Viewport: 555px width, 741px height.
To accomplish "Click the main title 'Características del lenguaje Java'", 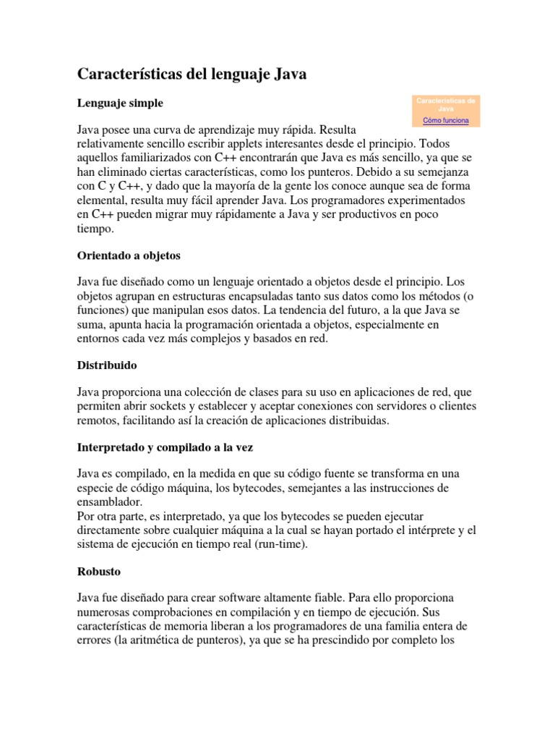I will coord(192,75).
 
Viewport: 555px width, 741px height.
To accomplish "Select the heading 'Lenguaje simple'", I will coord(120,103).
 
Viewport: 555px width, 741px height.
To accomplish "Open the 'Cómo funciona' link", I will coord(445,120).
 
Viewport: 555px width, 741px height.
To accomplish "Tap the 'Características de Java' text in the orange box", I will coord(445,104).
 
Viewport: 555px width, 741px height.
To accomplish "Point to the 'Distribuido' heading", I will coord(107,365).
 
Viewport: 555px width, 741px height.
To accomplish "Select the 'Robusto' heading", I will coord(99,572).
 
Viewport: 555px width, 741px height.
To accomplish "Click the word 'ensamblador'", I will coord(111,501).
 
